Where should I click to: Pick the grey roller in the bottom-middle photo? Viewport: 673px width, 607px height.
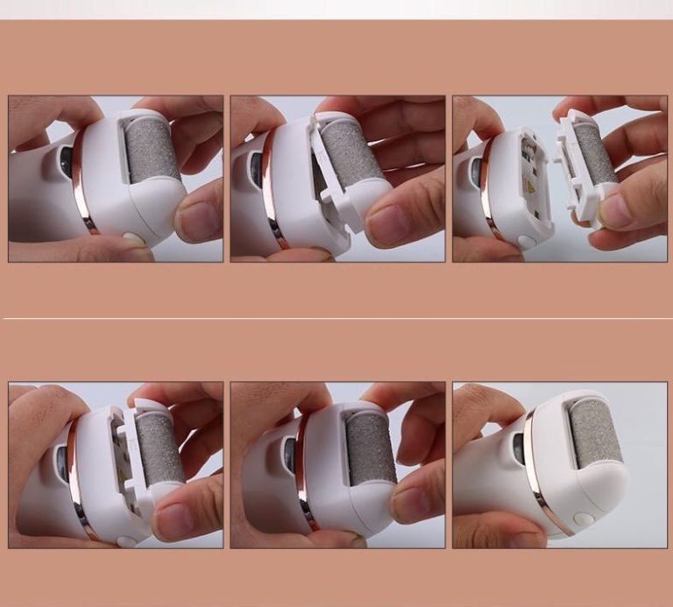point(371,448)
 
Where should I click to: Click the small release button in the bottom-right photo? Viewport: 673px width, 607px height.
point(581,519)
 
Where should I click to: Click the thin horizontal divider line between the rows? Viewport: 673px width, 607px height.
point(336,319)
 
